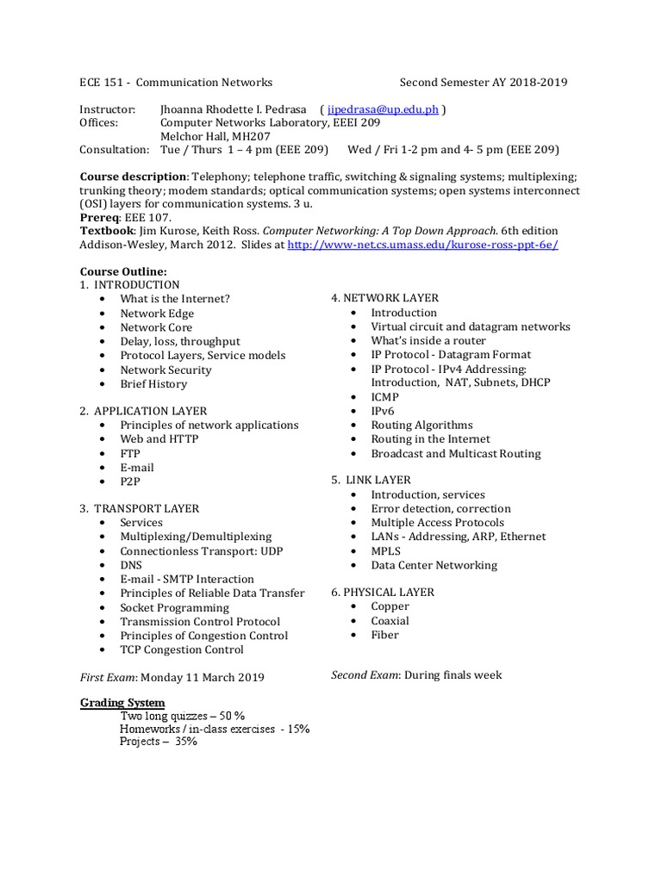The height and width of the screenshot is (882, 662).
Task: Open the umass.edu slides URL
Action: tap(422, 245)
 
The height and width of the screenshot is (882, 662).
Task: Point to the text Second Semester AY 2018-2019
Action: tap(484, 83)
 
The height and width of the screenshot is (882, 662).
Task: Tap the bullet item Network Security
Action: tap(165, 370)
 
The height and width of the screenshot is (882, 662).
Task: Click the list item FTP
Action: tap(130, 453)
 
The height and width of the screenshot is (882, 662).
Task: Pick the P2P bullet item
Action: tap(130, 481)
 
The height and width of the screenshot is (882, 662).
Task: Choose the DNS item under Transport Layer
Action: tap(131, 565)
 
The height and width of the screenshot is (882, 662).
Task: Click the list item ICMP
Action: tap(386, 397)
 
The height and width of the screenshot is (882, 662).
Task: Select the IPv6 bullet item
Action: tap(383, 411)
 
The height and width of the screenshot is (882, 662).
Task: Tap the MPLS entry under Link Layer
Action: tap(386, 550)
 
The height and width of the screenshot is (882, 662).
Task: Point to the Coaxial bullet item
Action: tap(390, 621)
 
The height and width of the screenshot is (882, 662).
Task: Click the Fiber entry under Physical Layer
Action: tap(384, 635)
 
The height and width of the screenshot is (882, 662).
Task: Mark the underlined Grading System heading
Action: tap(122, 703)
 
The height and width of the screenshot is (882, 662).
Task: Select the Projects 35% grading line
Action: tap(159, 741)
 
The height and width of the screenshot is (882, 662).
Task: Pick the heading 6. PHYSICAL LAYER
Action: tap(383, 593)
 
